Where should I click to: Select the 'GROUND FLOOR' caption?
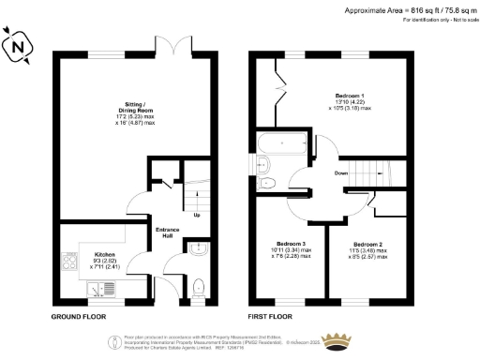77,317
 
